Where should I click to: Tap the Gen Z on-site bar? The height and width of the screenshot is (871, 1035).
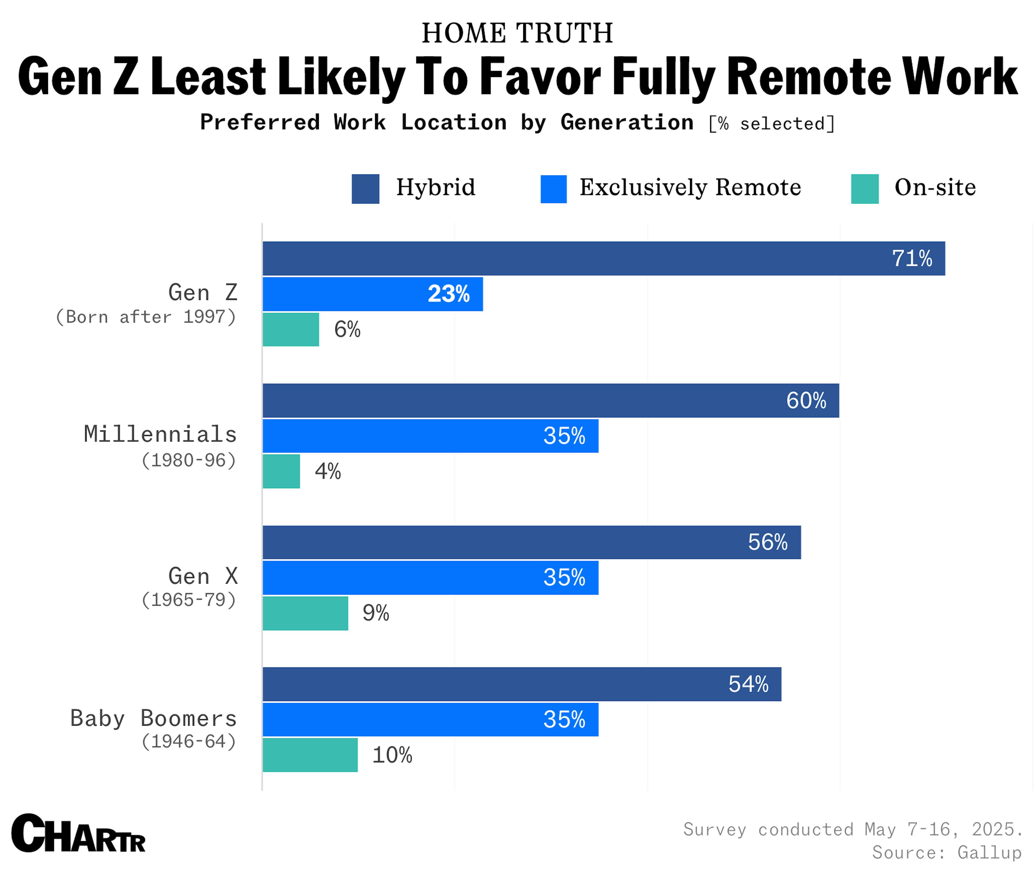(x=291, y=329)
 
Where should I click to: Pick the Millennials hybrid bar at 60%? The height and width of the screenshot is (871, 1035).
(x=550, y=400)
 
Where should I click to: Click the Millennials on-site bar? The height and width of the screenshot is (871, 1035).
(x=281, y=471)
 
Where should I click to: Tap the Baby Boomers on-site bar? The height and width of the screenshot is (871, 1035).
(x=310, y=755)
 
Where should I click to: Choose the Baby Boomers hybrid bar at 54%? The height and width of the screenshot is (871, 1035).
(x=522, y=684)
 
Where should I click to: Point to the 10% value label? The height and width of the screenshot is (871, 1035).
(x=392, y=755)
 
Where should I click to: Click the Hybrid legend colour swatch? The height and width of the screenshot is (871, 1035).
(x=365, y=189)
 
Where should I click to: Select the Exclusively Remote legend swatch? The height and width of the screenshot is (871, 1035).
(x=553, y=189)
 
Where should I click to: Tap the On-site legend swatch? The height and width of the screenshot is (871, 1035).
(x=865, y=189)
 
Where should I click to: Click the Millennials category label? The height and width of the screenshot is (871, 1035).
(x=160, y=434)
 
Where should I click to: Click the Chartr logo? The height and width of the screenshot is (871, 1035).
(x=78, y=834)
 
